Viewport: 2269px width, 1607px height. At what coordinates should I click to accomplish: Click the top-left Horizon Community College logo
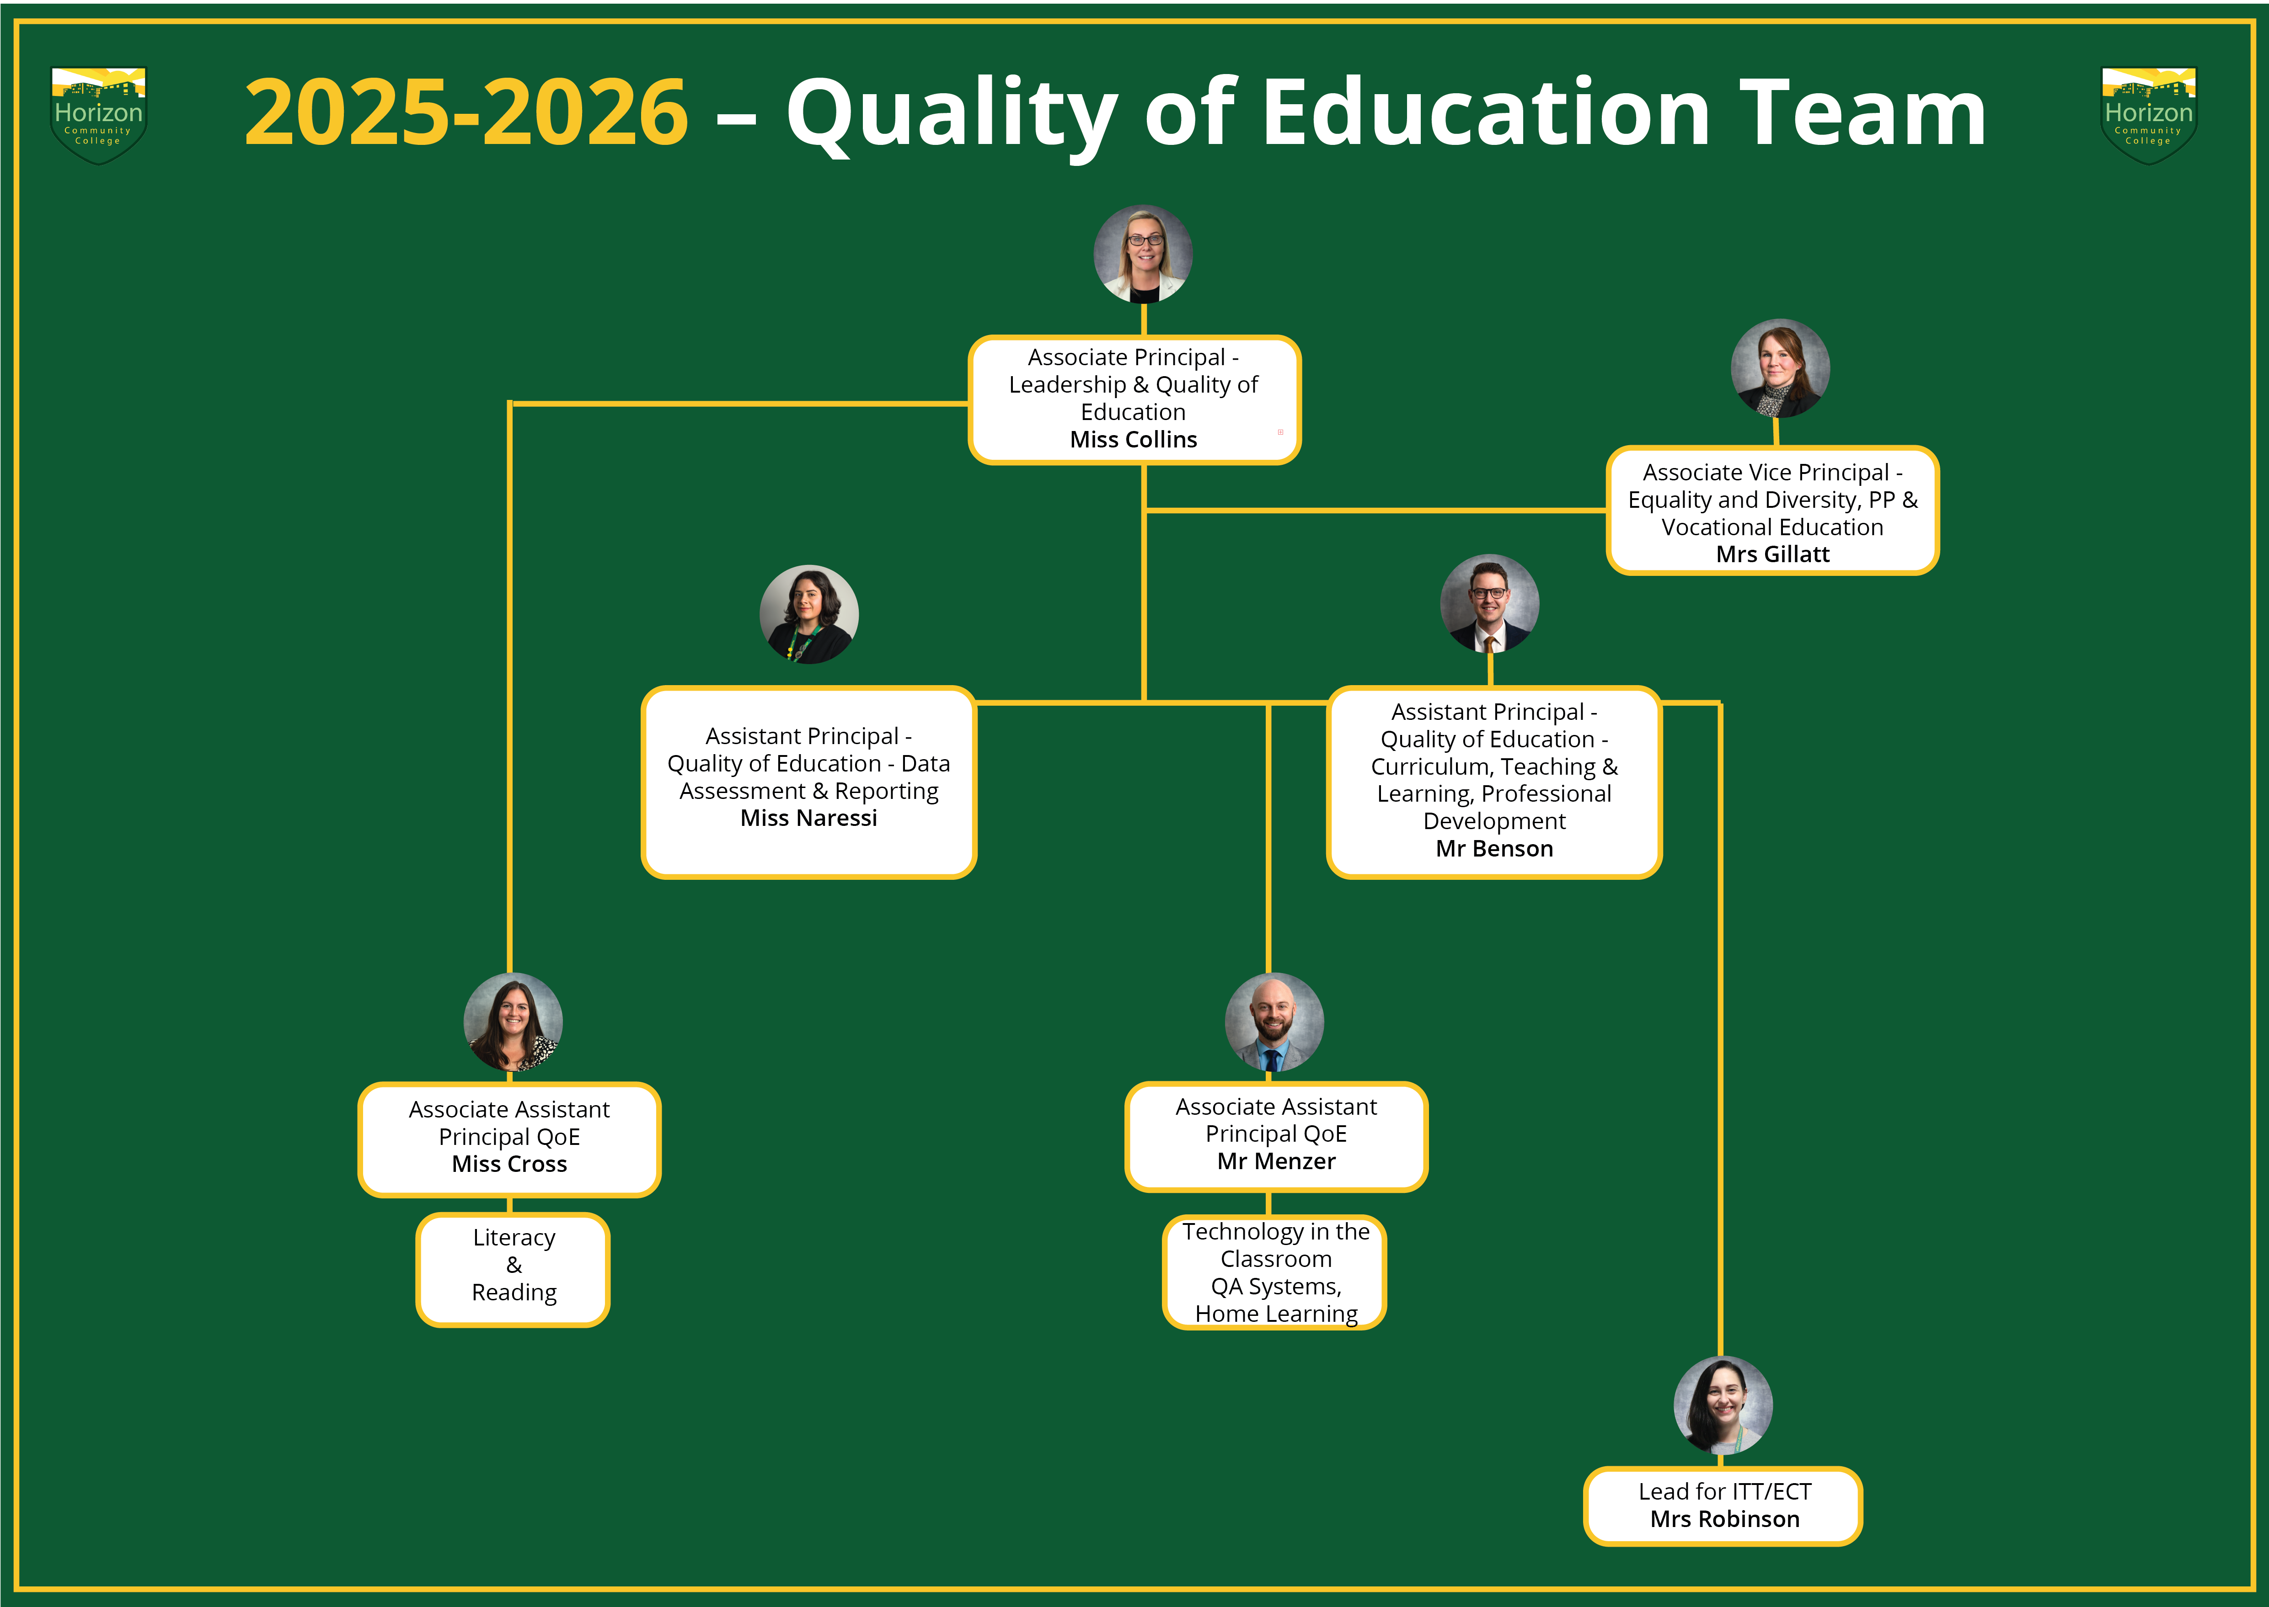(98, 115)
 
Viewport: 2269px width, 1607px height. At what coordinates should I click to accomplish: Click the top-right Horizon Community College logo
(2148, 115)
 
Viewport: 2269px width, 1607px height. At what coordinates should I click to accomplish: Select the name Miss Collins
(1134, 439)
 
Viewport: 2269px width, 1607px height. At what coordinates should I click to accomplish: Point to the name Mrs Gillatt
(1772, 554)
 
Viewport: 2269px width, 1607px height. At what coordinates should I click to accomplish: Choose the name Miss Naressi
(809, 818)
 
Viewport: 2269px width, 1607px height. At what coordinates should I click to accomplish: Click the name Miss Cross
(509, 1165)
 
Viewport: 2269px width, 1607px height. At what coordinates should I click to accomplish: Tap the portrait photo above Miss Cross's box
(513, 1022)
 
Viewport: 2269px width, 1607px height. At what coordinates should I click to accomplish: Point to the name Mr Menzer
(1276, 1162)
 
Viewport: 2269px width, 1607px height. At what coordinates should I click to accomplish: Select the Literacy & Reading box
(513, 1270)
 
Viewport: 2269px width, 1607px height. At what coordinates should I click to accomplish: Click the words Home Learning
(1276, 1314)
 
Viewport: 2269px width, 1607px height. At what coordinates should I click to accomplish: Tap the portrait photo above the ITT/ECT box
(1723, 1405)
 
